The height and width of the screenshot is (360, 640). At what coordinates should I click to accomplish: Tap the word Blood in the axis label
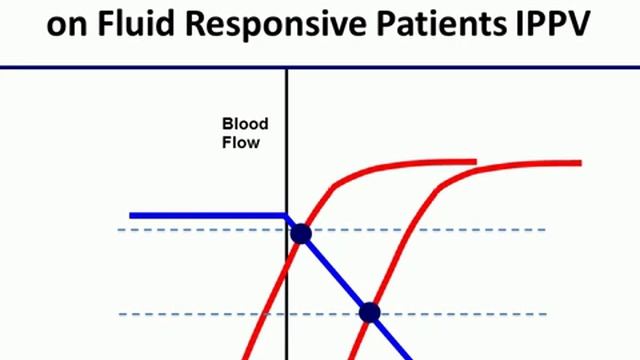click(245, 125)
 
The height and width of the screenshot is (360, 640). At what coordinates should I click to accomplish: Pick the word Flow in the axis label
click(241, 142)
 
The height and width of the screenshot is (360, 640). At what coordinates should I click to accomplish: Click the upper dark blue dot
click(300, 234)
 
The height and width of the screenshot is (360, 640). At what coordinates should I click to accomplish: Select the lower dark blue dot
click(369, 313)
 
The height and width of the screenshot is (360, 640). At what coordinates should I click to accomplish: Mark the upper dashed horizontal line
click(480, 230)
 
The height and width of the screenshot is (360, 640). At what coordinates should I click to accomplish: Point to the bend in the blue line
click(288, 216)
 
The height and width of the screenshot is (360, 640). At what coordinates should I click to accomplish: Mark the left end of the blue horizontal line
click(132, 215)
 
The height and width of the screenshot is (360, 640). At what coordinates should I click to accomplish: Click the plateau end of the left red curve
click(470, 161)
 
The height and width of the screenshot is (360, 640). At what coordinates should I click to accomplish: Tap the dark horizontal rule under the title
click(320, 67)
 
